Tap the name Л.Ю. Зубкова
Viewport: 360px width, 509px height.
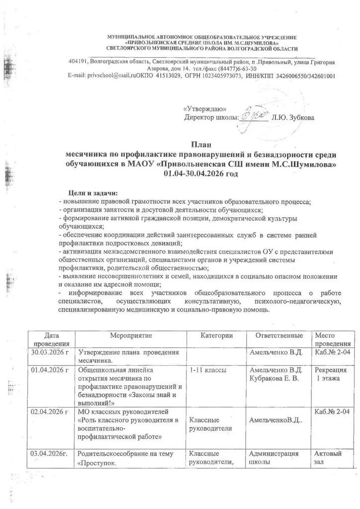coord(293,117)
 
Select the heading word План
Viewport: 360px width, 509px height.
coord(201,145)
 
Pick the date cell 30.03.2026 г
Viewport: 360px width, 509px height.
coord(49,352)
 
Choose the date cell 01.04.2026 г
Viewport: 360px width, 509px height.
coord(49,370)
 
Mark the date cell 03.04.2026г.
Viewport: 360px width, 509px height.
coord(49,454)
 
